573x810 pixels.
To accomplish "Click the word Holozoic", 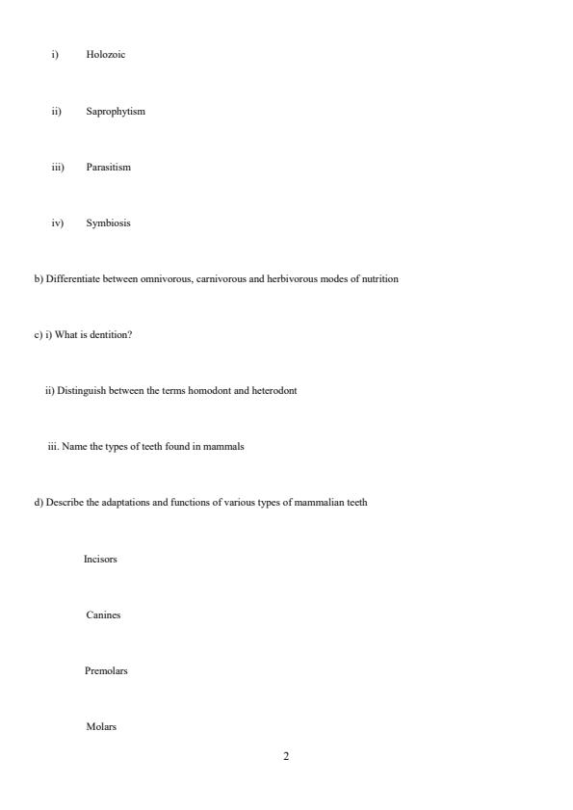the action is click(105, 55).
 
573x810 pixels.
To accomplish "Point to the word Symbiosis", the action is click(108, 223).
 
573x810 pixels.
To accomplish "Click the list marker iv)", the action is click(58, 223).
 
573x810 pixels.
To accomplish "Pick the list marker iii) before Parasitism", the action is click(58, 168).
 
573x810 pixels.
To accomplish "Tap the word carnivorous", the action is click(221, 279).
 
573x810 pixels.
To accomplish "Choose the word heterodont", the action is click(274, 391).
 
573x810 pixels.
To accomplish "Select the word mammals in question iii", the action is click(225, 447).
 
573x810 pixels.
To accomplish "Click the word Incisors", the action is click(100, 559).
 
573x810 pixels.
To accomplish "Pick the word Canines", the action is click(103, 614).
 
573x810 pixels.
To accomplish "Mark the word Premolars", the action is click(106, 670).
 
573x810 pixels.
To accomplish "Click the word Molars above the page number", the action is click(101, 727).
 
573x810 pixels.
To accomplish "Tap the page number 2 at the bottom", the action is click(286, 757).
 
